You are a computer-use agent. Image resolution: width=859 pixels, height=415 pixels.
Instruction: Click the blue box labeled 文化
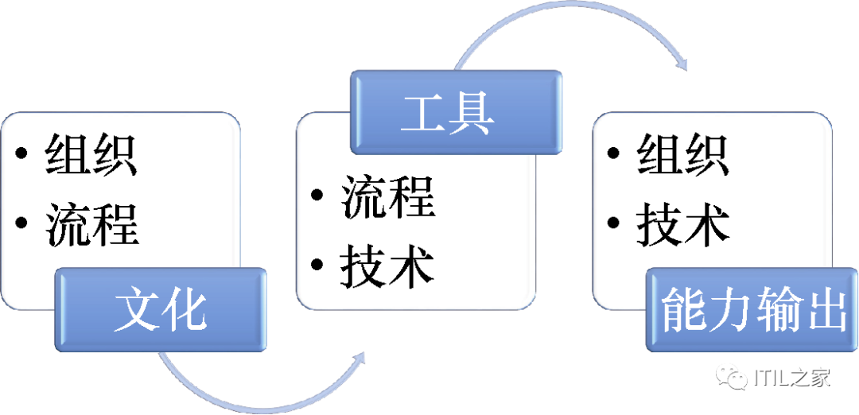[161, 309]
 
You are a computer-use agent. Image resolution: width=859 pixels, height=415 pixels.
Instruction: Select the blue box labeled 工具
[457, 112]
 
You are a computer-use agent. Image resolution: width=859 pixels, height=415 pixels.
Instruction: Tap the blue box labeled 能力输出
[752, 310]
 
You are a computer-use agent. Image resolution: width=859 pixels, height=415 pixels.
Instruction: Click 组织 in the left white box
[91, 153]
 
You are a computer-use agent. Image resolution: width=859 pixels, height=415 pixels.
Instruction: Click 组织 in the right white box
[683, 153]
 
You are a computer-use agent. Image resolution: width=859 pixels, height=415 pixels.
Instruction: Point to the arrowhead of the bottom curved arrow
[358, 359]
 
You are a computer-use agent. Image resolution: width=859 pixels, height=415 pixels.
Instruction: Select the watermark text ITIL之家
[791, 378]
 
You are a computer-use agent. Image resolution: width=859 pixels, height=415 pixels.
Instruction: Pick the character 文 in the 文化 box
[136, 309]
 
